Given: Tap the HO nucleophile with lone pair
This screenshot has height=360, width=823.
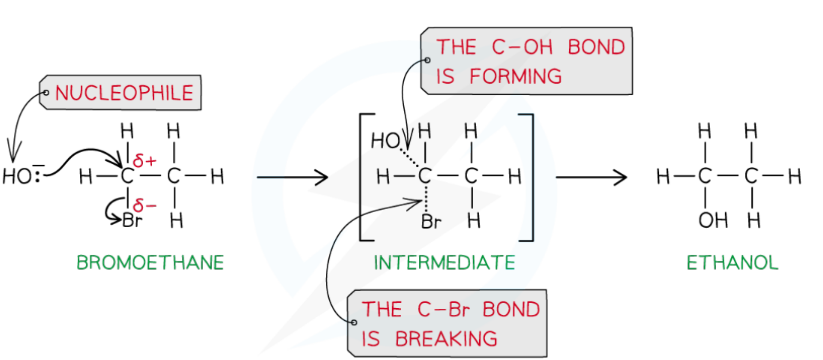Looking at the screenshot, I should (x=22, y=177).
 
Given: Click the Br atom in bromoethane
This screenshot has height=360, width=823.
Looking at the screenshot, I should (x=131, y=216).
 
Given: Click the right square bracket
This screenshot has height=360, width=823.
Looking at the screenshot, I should (x=530, y=178).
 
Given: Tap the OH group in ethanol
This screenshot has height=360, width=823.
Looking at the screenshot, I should (x=707, y=217).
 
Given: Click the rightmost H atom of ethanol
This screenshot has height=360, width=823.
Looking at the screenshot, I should (x=796, y=178).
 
